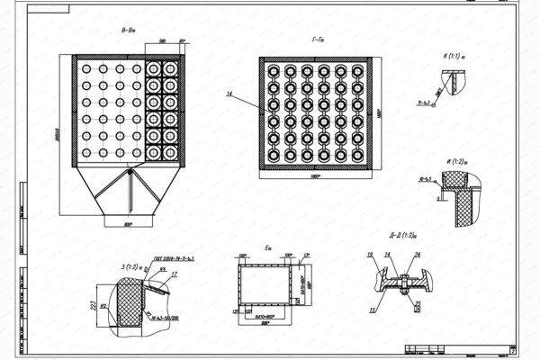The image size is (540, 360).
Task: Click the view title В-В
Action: pos(127,31)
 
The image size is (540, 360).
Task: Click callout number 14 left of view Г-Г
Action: pos(229,94)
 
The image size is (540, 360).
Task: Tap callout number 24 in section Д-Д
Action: pos(417,256)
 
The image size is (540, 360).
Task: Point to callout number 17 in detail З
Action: pos(174,274)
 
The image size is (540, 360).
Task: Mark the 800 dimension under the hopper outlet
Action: pos(127,223)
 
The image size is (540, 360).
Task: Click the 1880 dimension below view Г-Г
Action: pos(315,176)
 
